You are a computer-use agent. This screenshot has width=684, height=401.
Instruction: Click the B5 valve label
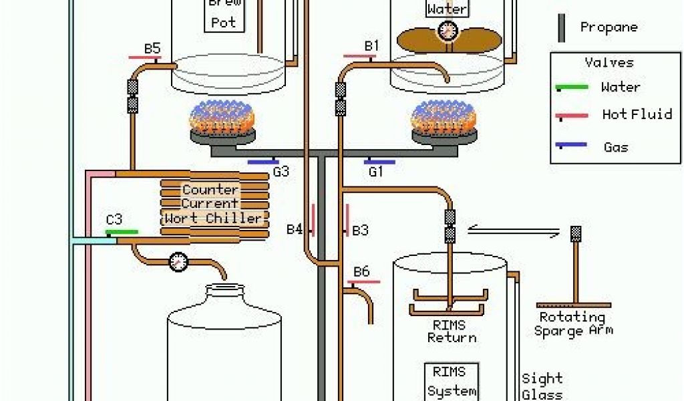point(152,48)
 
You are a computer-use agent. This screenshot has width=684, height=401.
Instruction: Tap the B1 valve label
point(371,46)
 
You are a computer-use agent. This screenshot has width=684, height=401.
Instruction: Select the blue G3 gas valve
point(263,161)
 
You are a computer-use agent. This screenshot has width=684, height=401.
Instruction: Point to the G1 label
point(376,172)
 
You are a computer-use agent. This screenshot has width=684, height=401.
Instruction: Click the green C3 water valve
point(122,232)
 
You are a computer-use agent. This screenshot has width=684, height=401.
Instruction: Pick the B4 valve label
point(295,231)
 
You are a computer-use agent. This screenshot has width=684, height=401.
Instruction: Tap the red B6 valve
point(363,282)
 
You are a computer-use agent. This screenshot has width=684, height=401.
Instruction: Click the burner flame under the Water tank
point(443,118)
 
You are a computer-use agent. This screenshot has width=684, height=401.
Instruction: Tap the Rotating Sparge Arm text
point(573,323)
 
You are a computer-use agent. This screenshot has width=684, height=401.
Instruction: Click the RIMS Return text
point(452,331)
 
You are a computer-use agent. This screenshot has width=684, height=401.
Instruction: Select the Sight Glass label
point(542,386)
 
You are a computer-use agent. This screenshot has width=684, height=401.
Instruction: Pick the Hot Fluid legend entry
point(637,114)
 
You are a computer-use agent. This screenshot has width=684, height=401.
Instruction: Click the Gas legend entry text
point(615,147)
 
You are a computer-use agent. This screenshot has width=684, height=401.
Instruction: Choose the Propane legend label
point(609,27)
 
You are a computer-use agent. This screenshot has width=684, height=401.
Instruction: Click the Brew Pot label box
point(224,15)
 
